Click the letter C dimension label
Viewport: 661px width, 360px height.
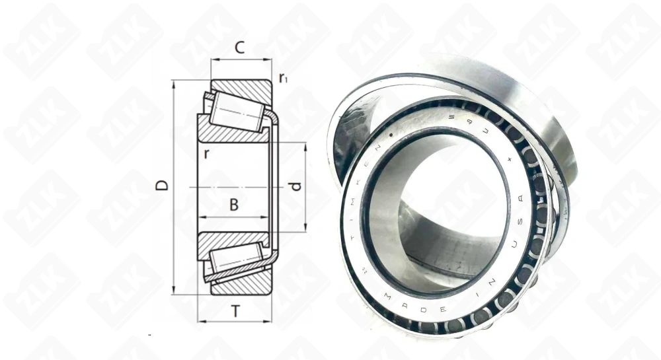click(240, 48)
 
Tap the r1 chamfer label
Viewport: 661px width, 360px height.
click(283, 79)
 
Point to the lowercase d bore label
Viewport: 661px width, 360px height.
click(296, 186)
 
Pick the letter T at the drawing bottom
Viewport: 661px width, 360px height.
click(235, 310)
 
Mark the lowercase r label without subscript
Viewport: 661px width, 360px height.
click(207, 154)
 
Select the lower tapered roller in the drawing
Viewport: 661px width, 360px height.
click(235, 260)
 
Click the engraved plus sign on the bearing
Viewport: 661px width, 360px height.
click(510, 159)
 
